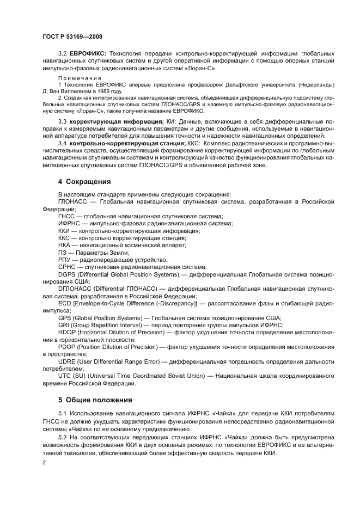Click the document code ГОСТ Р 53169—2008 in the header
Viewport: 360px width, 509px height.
[73, 36]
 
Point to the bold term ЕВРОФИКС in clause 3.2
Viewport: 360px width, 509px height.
[88, 54]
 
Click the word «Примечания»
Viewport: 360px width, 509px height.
[76, 78]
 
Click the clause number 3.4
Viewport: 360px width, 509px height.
[63, 143]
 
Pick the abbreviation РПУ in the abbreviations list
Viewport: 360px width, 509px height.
[65, 260]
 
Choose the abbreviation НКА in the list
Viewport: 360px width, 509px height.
[65, 245]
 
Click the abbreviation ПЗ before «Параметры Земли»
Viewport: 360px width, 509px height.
[63, 253]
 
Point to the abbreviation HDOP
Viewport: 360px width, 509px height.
[68, 332]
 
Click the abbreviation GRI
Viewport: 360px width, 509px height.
[64, 324]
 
